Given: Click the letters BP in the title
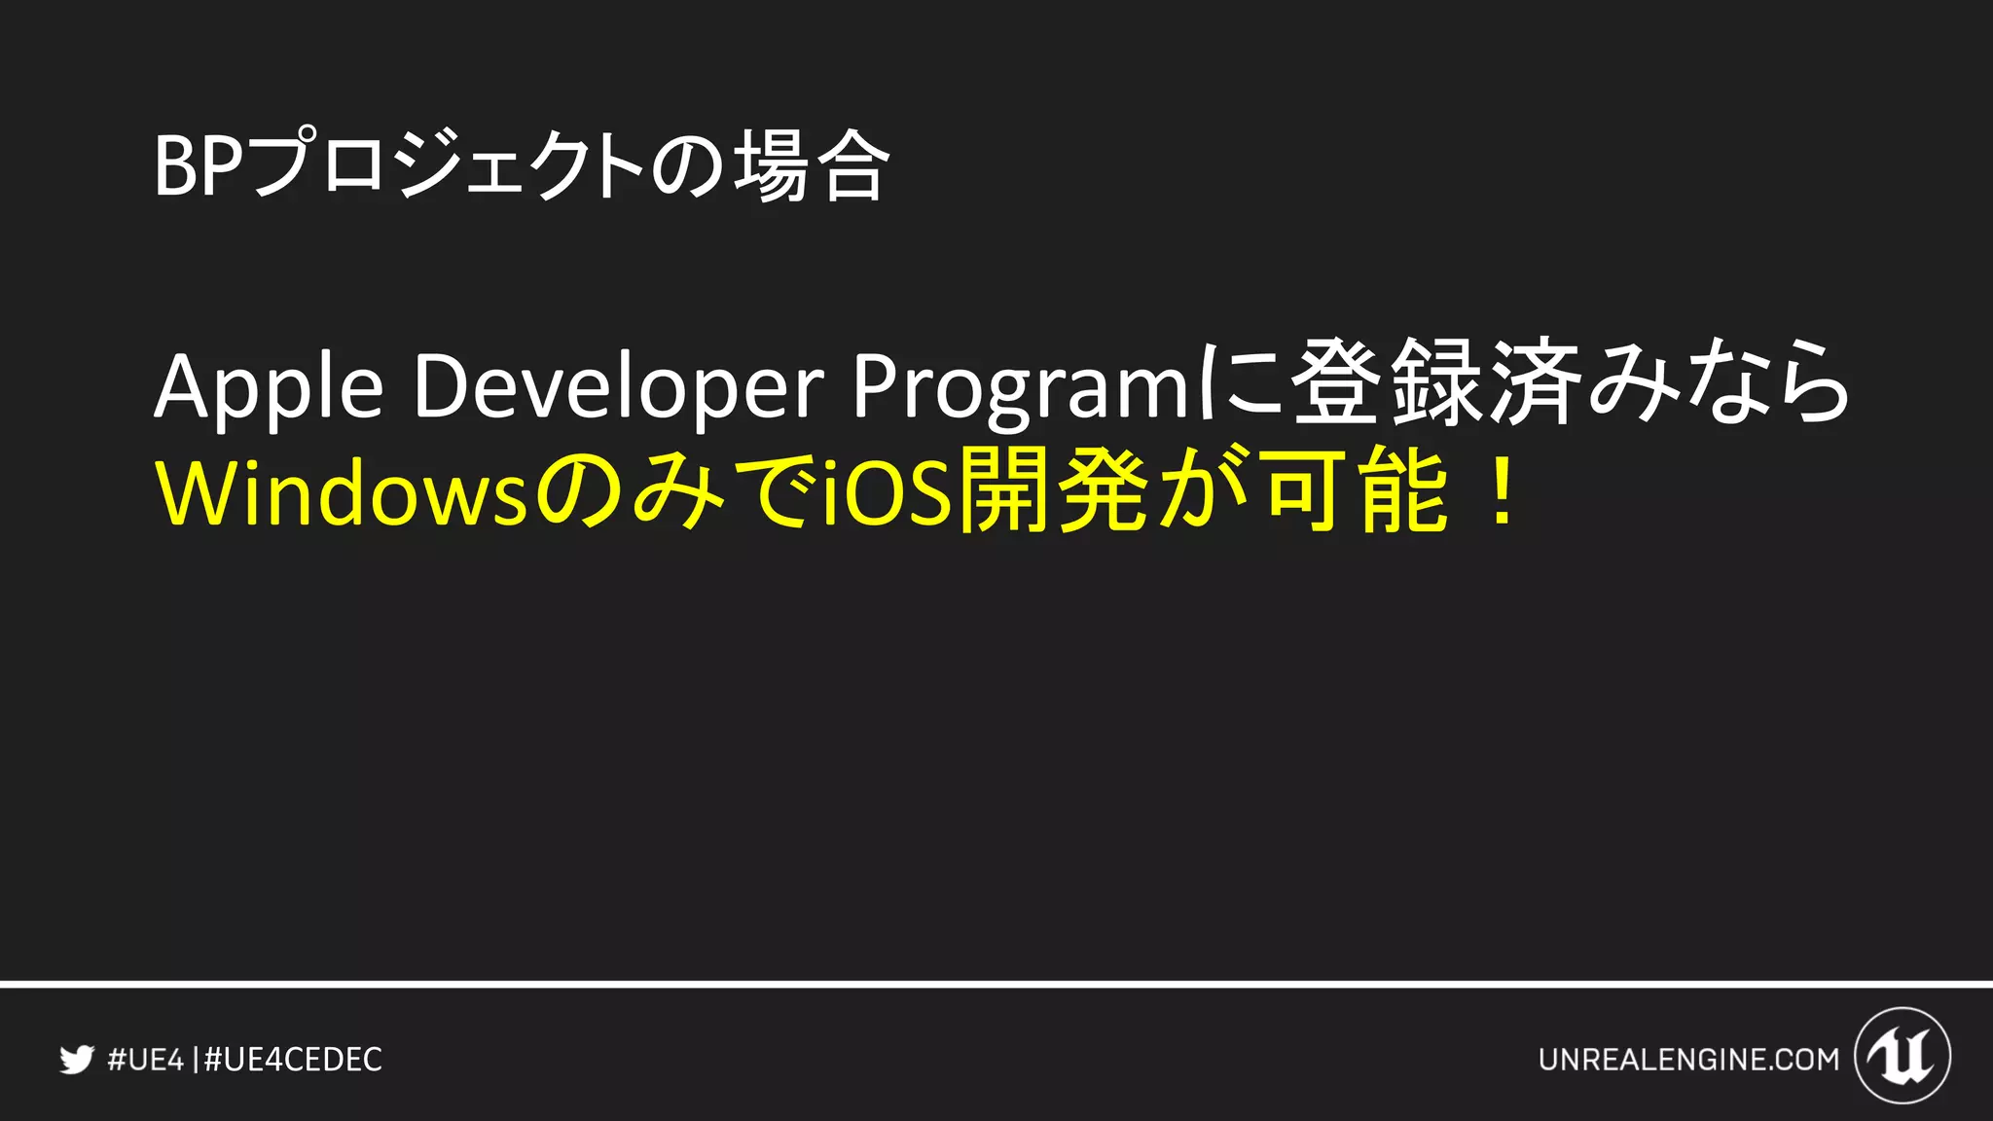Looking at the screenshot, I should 199,167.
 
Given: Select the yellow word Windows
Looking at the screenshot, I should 341,493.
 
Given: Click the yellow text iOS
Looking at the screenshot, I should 886,493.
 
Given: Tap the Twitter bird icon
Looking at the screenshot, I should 77,1059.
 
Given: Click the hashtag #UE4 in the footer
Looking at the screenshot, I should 145,1059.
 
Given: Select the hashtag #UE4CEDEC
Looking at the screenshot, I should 294,1059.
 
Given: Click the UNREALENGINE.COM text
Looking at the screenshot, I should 1688,1059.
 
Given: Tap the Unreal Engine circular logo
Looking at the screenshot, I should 1902,1056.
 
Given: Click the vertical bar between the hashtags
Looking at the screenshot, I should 197,1059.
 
